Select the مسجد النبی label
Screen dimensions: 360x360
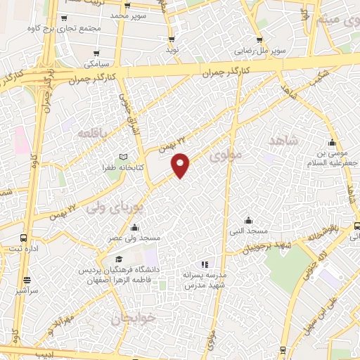247,231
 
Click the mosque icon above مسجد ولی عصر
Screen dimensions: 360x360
134,227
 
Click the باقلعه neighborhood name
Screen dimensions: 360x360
94,134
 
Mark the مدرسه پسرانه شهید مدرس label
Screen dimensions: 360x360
204,279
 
